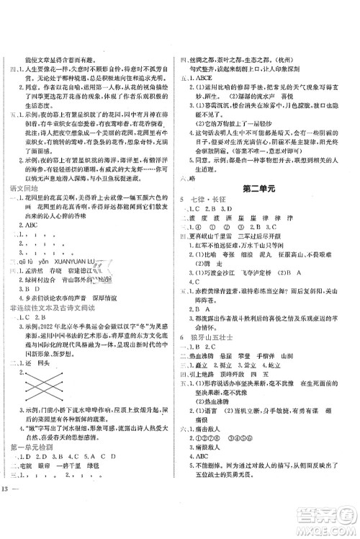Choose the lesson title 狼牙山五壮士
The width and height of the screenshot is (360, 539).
217,346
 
